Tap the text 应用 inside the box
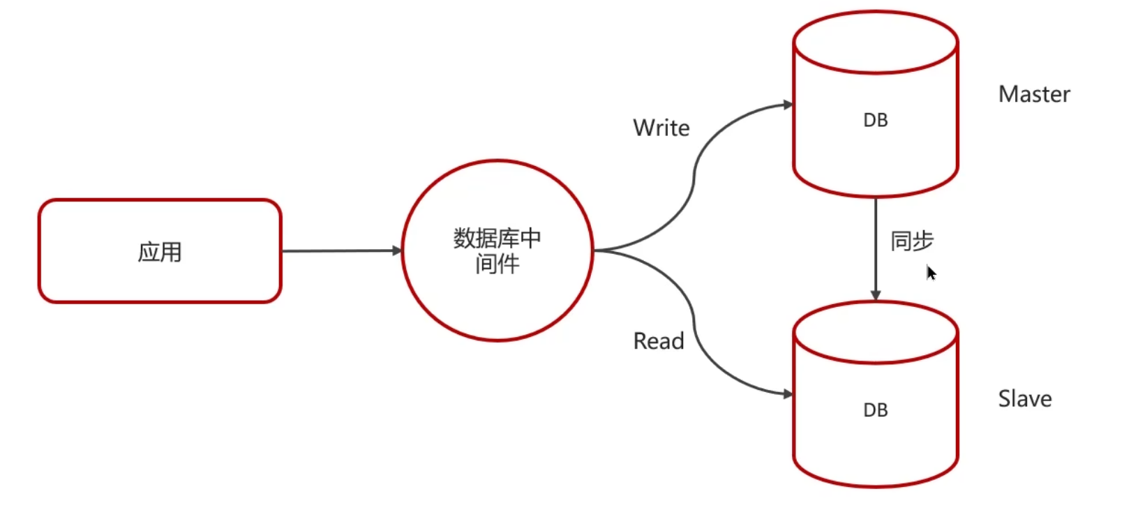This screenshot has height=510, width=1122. (x=160, y=252)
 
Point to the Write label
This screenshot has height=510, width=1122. (x=661, y=128)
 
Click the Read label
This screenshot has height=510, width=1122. (x=658, y=341)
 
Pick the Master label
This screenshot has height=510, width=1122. (x=1033, y=94)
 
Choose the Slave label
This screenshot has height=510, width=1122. (x=1024, y=399)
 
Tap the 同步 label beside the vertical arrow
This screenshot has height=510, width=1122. (x=911, y=241)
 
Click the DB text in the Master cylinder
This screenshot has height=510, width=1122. (x=875, y=121)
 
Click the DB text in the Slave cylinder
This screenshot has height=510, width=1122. (x=875, y=410)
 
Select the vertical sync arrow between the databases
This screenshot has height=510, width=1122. (x=876, y=244)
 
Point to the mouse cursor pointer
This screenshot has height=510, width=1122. (x=931, y=273)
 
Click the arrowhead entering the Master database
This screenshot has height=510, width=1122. (x=788, y=105)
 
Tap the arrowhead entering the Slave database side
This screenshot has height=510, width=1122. (x=788, y=394)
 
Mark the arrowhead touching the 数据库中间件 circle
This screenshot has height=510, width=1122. (x=397, y=250)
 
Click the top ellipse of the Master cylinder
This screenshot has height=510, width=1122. (x=875, y=42)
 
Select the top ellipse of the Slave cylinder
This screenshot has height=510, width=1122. (x=875, y=332)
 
